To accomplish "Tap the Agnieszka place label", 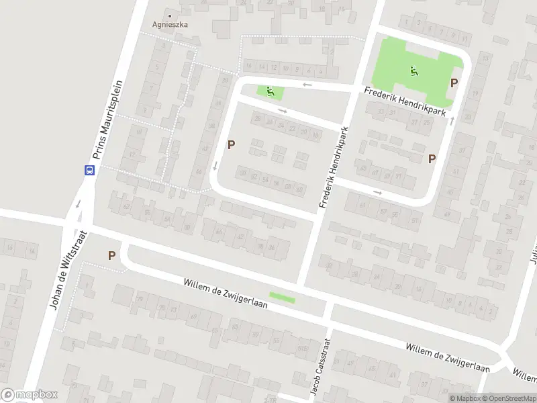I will point(170,24).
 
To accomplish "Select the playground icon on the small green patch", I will point(271,92).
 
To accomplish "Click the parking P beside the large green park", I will point(454,83).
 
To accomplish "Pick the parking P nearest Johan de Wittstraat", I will point(111,255).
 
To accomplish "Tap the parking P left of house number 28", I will point(232,144).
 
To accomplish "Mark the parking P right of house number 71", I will point(432,159).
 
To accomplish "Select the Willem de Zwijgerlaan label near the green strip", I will point(226,294).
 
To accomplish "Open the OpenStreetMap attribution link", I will point(509,398).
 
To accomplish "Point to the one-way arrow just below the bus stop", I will point(79,203).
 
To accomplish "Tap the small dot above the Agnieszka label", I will point(169,15).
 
